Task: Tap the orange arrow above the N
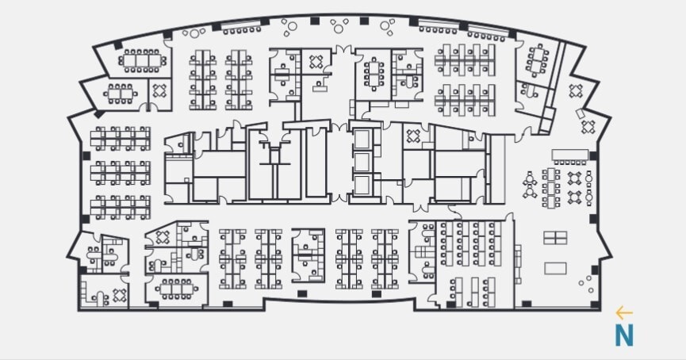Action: pos(624,314)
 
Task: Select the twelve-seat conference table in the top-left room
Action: pos(141,59)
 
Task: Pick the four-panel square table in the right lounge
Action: pos(555,237)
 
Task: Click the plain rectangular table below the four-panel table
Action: pos(555,267)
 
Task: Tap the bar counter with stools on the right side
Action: pos(570,152)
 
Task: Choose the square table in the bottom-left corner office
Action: pos(120,295)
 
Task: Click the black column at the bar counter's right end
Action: pos(591,152)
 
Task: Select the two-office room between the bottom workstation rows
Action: pos(308,255)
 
